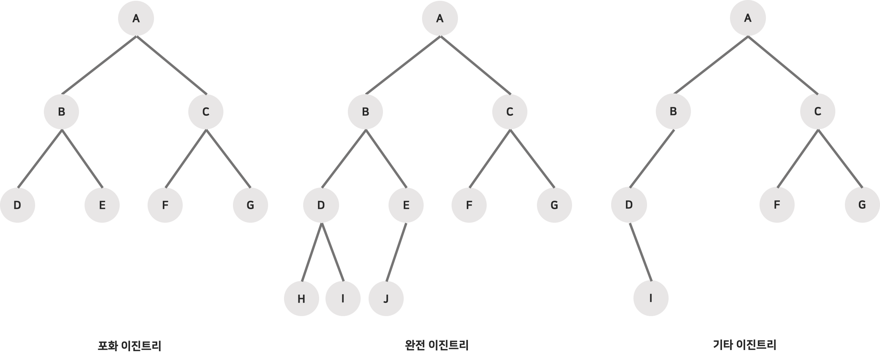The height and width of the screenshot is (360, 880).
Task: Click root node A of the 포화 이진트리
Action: click(x=136, y=19)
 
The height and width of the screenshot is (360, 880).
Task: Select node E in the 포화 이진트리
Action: click(x=102, y=205)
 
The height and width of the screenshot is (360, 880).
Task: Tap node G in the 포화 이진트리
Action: click(x=250, y=205)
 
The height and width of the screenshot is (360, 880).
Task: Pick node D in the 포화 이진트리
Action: click(x=17, y=205)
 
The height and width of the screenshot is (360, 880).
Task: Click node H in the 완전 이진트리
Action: click(x=301, y=299)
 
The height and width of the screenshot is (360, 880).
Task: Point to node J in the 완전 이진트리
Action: click(x=386, y=299)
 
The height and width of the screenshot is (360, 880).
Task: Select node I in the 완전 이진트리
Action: click(x=343, y=299)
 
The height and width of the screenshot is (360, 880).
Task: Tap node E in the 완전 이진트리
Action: click(x=406, y=205)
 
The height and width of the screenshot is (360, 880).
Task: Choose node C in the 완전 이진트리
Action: click(x=509, y=112)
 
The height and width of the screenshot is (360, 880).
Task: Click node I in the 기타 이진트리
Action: click(x=651, y=299)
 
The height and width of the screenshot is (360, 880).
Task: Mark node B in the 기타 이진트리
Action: click(x=673, y=112)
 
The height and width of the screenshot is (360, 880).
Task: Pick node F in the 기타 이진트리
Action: click(x=777, y=205)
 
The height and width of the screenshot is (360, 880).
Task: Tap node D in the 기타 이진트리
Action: click(x=629, y=205)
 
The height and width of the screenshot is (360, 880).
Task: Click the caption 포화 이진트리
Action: click(x=130, y=345)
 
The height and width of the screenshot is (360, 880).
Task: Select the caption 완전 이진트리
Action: click(x=436, y=345)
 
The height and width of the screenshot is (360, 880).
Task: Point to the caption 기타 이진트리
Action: click(x=744, y=345)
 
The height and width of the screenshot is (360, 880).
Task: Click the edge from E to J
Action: click(x=397, y=251)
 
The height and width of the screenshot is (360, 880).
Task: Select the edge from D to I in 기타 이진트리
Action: click(x=640, y=251)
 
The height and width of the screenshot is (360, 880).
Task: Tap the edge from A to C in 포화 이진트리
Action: click(x=172, y=65)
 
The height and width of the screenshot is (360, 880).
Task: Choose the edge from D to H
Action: click(x=312, y=251)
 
